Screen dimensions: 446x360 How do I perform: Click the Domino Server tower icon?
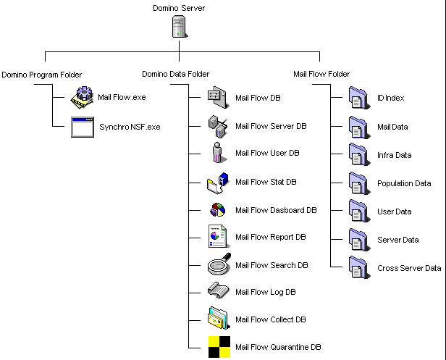180,27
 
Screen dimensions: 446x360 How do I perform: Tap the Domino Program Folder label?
42,75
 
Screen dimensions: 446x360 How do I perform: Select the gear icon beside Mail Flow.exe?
83,97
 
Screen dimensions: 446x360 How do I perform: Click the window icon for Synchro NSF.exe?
83,127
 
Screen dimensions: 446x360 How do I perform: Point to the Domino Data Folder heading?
175,75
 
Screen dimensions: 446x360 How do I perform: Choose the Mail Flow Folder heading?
321,74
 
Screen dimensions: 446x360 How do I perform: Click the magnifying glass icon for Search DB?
219,264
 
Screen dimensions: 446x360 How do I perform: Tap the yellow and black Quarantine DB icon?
219,347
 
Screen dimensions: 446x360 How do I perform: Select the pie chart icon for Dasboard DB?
218,210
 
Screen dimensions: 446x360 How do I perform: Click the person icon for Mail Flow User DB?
219,153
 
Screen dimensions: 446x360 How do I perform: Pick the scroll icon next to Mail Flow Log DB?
218,290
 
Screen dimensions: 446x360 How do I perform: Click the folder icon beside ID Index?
359,98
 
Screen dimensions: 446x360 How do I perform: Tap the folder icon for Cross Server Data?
359,267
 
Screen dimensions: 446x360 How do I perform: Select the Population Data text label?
404,183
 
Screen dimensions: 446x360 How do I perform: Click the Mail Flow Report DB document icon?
219,236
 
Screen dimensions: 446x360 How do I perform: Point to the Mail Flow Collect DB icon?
219,318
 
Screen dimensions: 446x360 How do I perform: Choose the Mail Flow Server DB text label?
271,126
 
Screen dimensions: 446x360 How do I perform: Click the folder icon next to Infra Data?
359,154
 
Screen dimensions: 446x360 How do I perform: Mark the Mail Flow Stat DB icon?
218,183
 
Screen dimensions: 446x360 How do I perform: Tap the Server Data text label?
398,240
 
